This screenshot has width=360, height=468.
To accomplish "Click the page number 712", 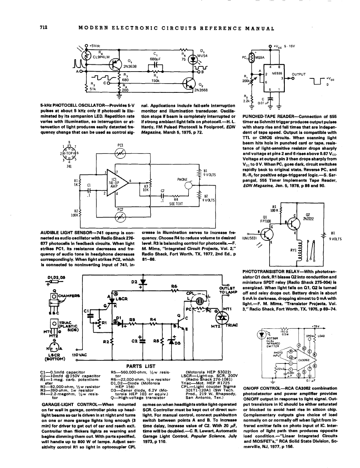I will click(x=44, y=28).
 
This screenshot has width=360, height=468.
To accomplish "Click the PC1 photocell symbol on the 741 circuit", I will click(x=120, y=153).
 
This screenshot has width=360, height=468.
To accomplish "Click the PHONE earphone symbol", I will click(x=194, y=184).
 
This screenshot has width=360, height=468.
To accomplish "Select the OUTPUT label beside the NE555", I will click(x=300, y=74).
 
